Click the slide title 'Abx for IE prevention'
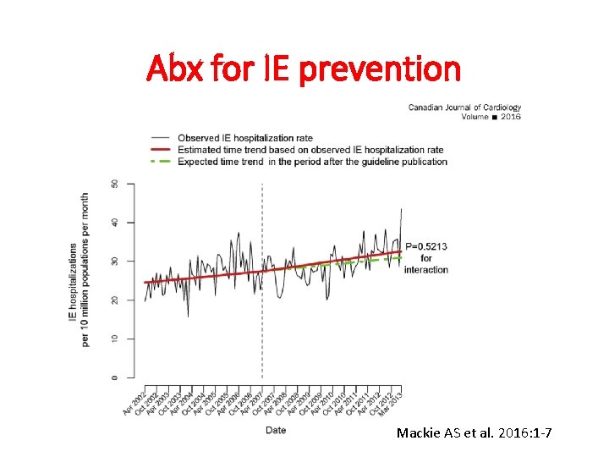pyautogui.click(x=304, y=69)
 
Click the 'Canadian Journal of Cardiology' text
pyautogui.click(x=464, y=107)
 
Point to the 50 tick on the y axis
pyautogui.click(x=115, y=184)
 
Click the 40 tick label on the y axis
pyautogui.click(x=115, y=223)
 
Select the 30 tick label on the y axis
pyautogui.click(x=115, y=262)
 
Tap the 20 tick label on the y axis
pyautogui.click(x=115, y=300)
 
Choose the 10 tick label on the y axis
pyautogui.click(x=115, y=339)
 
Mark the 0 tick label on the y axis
pyautogui.click(x=115, y=377)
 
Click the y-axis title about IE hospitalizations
pyautogui.click(x=79, y=269)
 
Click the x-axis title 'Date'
pyautogui.click(x=276, y=430)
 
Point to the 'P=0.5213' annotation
pyautogui.click(x=425, y=246)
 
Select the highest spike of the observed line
pyautogui.click(x=401, y=209)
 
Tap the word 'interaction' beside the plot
pyautogui.click(x=425, y=270)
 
